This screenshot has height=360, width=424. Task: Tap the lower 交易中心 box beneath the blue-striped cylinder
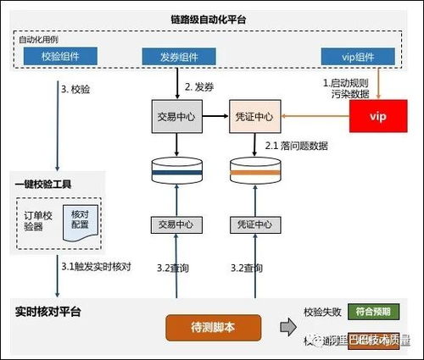tap(176, 224)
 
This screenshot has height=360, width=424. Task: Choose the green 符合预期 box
tap(374, 312)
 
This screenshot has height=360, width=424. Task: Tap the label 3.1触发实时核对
tap(96, 267)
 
